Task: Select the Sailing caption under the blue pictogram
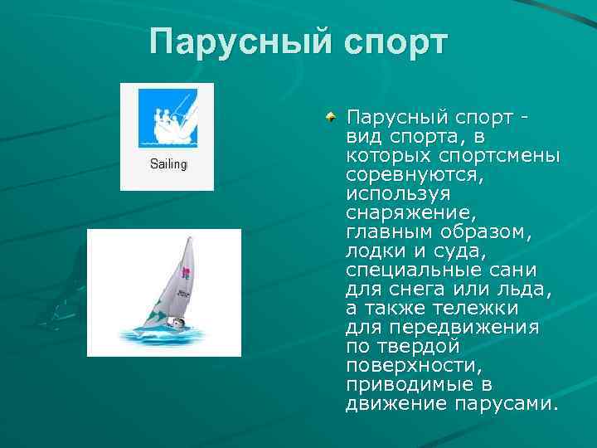(168, 164)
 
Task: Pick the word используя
(398, 193)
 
